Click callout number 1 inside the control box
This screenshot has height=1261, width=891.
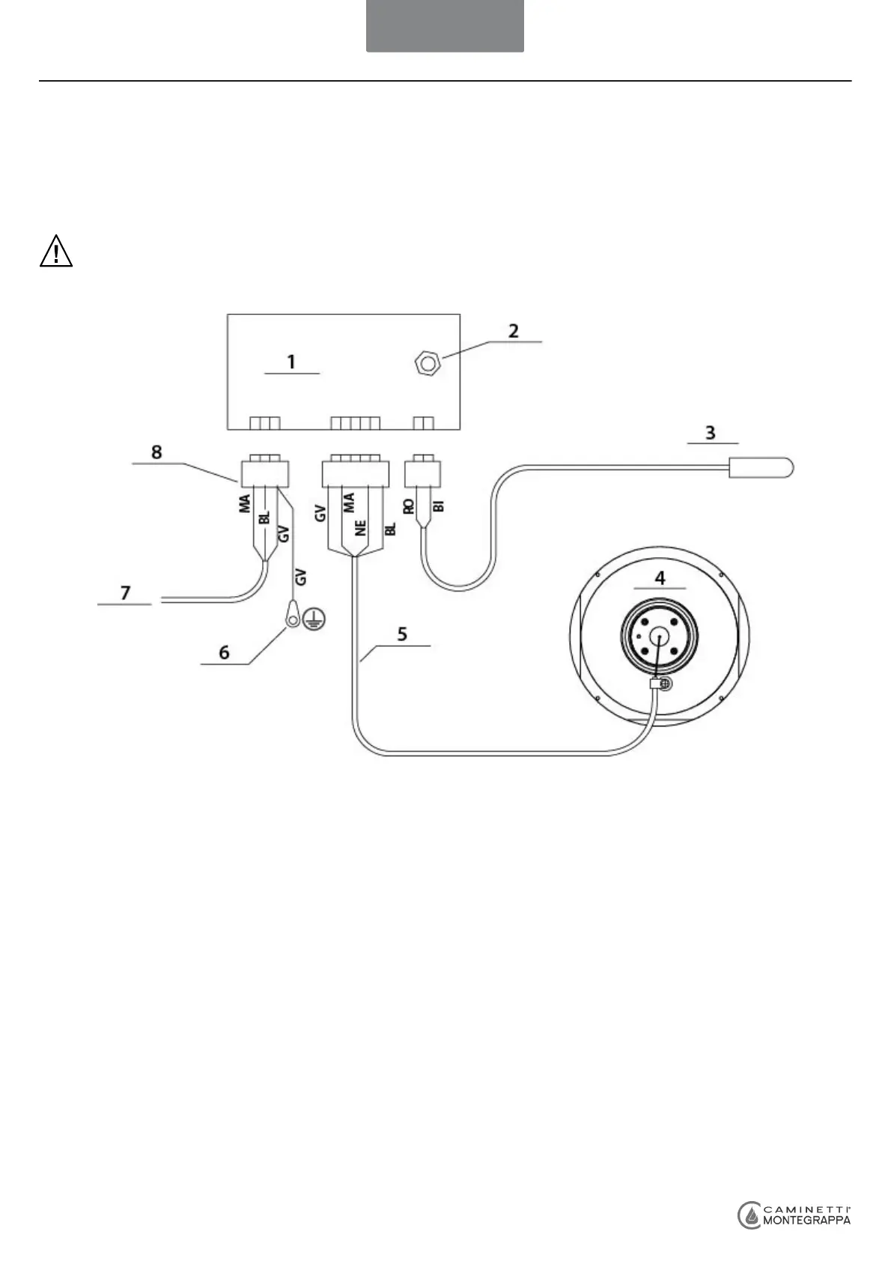(291, 362)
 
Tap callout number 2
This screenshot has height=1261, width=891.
(514, 330)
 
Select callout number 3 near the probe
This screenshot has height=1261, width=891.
(711, 433)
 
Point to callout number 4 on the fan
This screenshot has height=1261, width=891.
(660, 578)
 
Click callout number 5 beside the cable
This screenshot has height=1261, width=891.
(402, 634)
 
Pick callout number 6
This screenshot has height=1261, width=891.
(225, 652)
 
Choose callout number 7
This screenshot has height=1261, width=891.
(125, 593)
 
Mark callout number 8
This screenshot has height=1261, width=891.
(156, 452)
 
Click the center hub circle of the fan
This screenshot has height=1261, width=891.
(659, 634)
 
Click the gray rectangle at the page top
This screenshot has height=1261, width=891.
(445, 26)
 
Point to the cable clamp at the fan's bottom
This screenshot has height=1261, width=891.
(659, 684)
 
